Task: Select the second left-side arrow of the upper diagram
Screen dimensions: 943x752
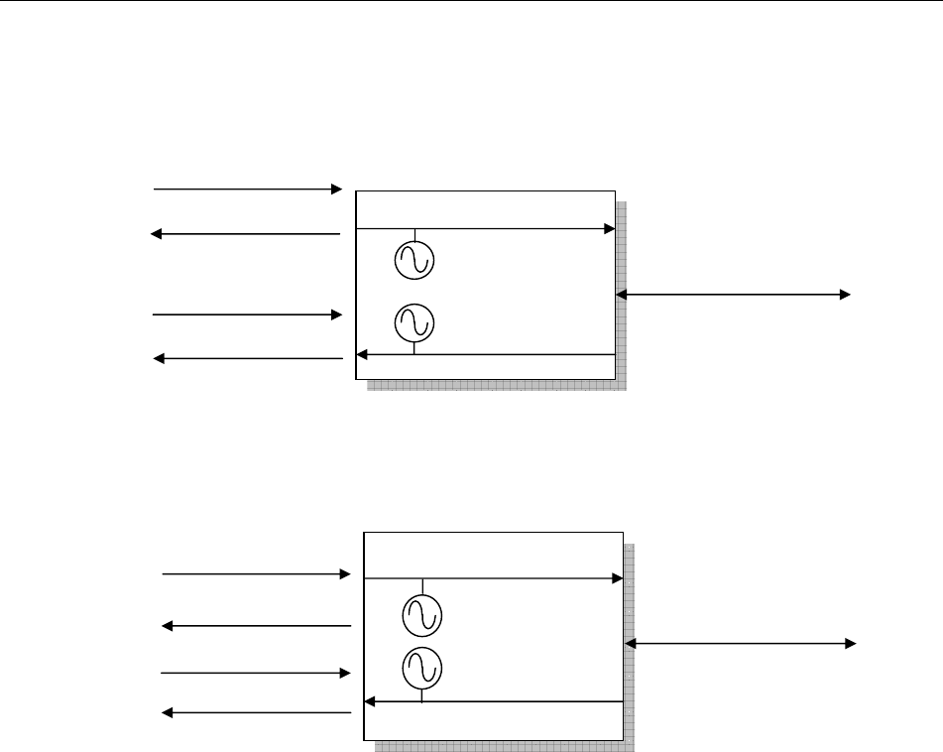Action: [246, 234]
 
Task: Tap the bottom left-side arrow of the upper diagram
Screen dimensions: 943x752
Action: [248, 358]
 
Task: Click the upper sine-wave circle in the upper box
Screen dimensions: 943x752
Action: [414, 260]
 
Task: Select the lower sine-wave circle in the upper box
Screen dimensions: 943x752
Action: [414, 322]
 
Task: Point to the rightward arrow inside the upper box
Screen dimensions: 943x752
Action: [486, 228]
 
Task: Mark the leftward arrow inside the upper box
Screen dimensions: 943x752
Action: [486, 354]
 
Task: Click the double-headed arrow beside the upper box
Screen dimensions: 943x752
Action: [734, 295]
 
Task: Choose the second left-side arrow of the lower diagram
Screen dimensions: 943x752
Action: [257, 626]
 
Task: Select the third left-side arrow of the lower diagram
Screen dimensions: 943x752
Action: [257, 673]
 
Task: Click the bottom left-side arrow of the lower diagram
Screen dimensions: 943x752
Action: [257, 712]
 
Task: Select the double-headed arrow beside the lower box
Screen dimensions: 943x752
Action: [742, 644]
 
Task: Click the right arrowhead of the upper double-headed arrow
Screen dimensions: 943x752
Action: [845, 295]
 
